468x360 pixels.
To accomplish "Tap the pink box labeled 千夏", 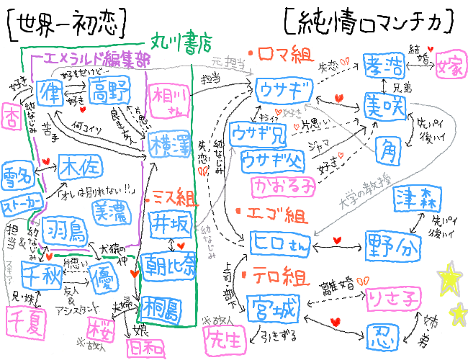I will coord(24,320).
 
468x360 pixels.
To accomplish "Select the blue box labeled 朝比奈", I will coord(168,264).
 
